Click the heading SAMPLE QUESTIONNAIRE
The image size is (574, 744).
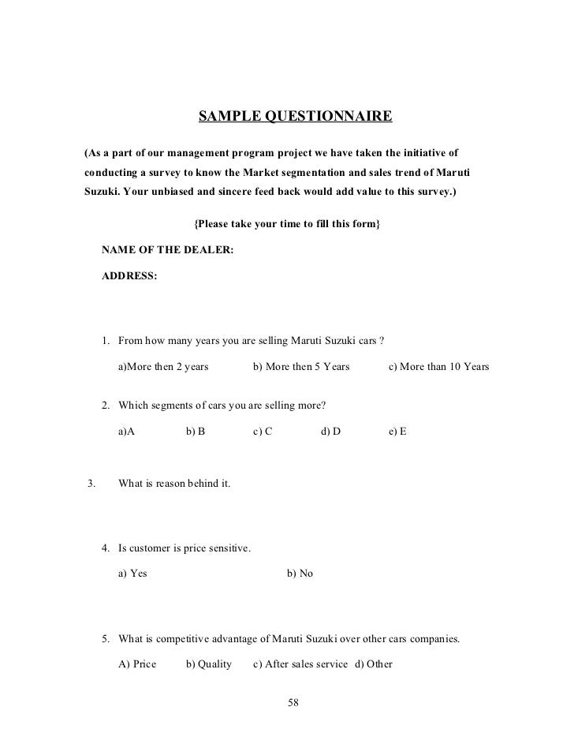click(294, 118)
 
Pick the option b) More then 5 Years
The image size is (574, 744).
click(301, 367)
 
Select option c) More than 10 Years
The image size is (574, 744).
click(439, 367)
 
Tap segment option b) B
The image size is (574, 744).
click(196, 432)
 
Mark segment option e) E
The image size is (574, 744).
click(397, 432)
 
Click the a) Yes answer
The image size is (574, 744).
click(132, 574)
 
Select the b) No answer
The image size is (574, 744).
click(300, 574)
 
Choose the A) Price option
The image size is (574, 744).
click(137, 664)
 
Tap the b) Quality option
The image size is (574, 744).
click(209, 664)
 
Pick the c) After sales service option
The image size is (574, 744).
click(300, 664)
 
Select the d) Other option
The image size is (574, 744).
click(374, 664)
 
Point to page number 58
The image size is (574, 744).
click(294, 702)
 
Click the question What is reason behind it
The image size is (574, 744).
click(174, 482)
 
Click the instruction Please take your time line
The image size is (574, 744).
click(287, 224)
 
